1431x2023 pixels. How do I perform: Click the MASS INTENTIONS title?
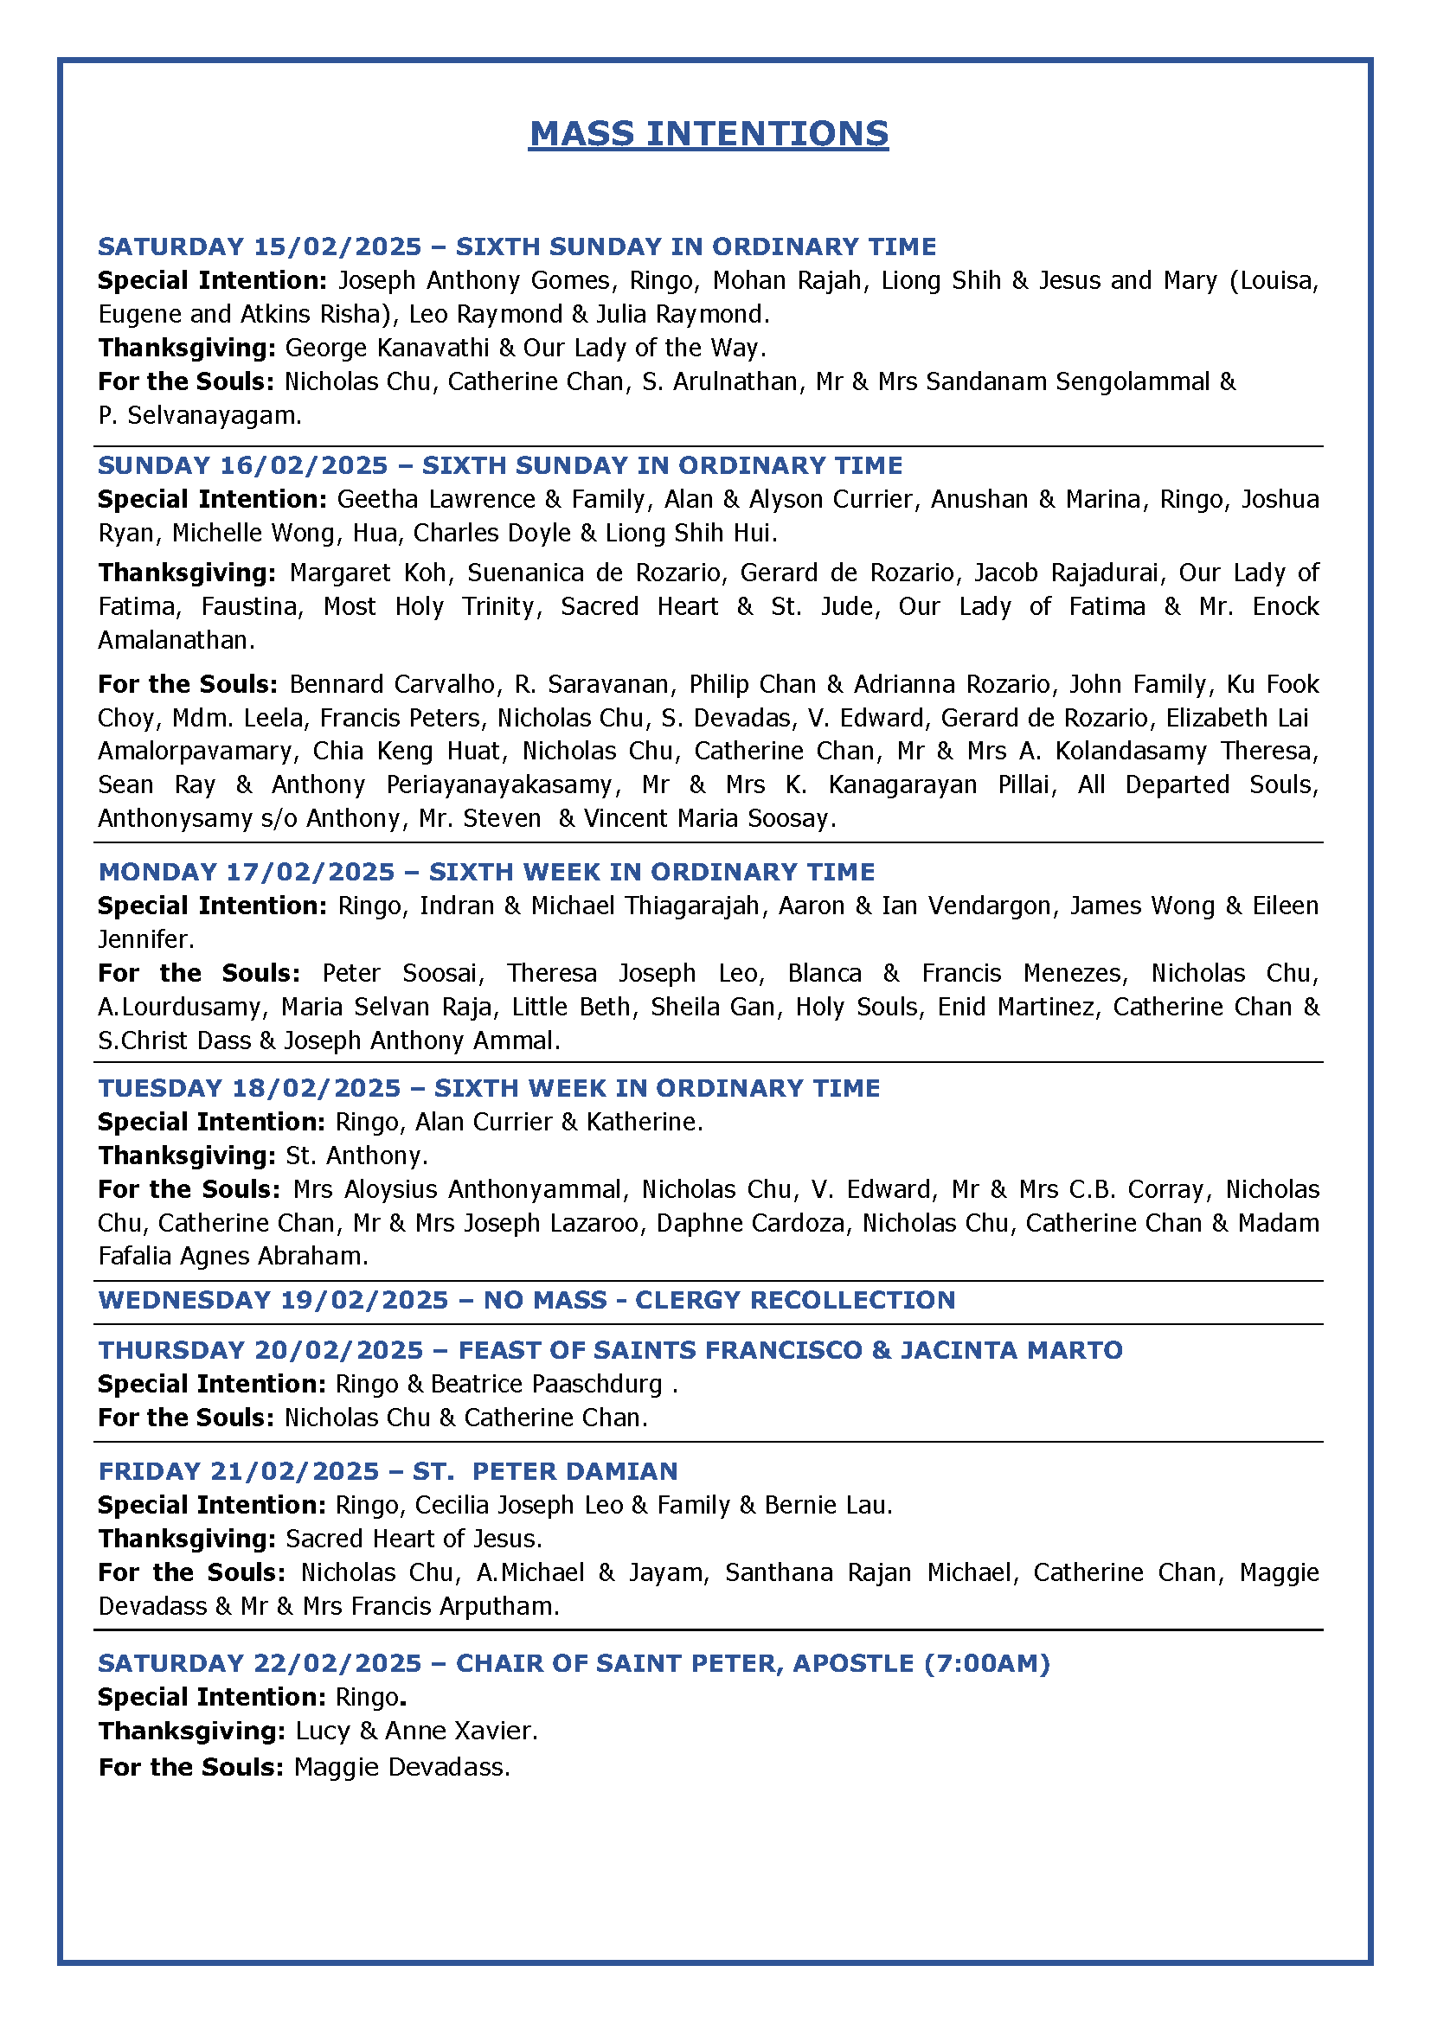pos(709,134)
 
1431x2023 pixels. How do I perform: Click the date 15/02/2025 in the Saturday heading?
pos(337,246)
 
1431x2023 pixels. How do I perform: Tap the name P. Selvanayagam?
pos(200,415)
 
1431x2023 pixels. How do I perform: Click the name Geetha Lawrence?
pos(436,500)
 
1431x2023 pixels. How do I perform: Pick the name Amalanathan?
pos(176,640)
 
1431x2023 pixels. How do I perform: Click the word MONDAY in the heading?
pos(157,873)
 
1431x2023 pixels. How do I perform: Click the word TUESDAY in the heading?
pos(159,1088)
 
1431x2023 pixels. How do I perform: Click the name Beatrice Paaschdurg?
pos(546,1384)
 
